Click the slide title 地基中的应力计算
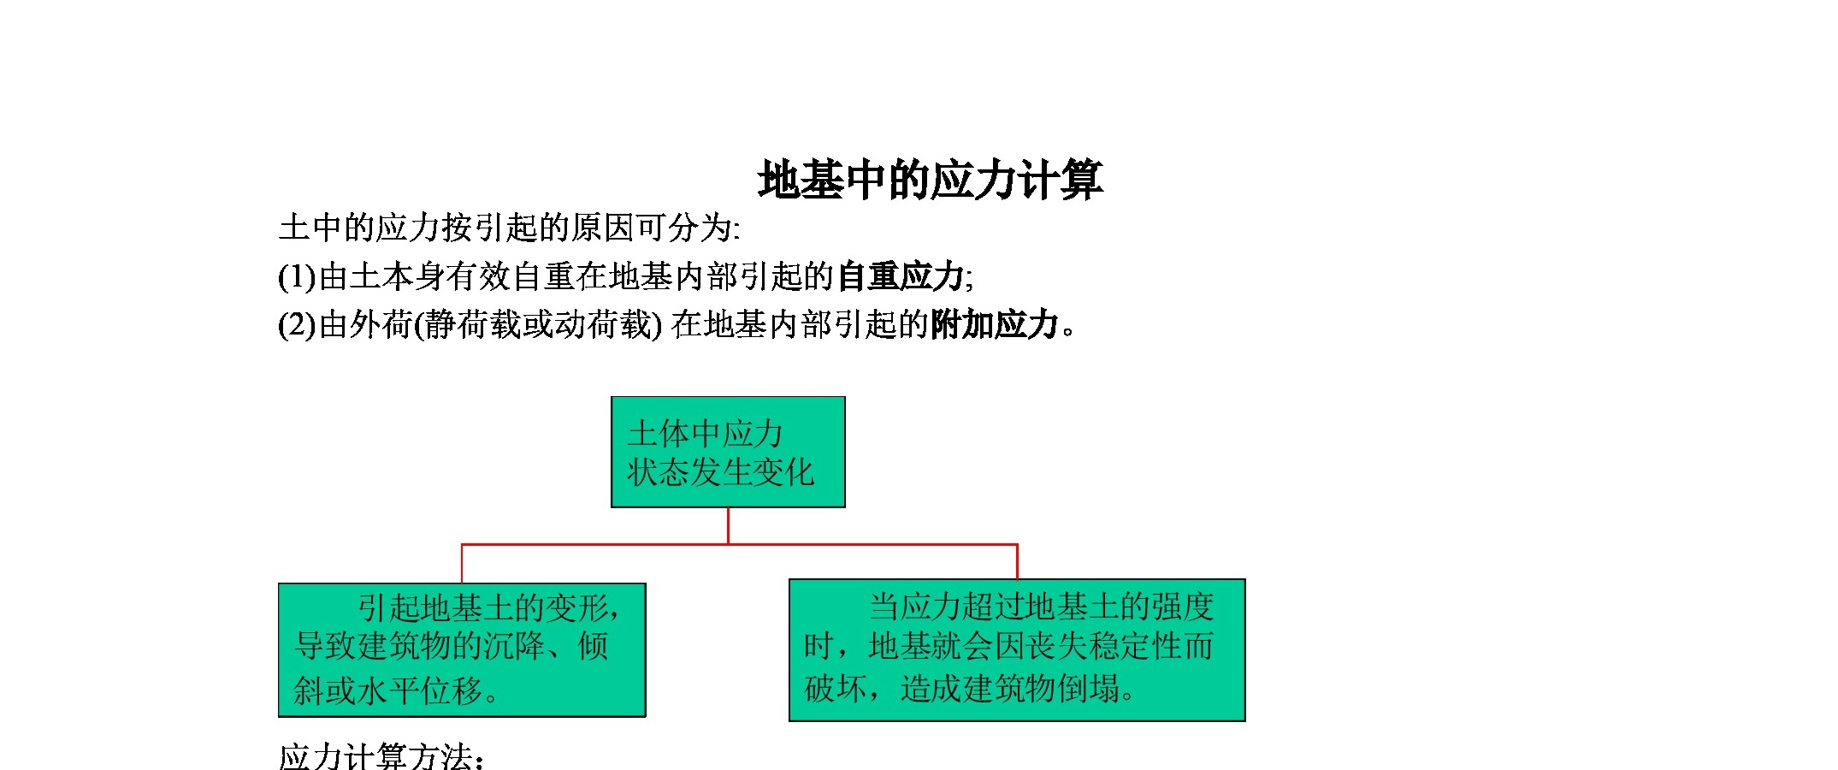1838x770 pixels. coord(931,181)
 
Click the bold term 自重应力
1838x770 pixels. coord(901,276)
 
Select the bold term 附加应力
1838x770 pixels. coord(995,324)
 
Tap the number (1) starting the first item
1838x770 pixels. coord(298,276)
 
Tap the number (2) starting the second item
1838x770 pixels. coord(298,324)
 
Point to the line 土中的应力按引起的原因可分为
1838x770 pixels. coord(509,228)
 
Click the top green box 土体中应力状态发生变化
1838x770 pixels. coord(728,452)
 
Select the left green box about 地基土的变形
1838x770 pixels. coord(462,650)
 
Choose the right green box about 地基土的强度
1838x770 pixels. coord(1017,650)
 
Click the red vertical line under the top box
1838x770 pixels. coord(728,526)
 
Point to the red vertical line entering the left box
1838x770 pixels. coord(462,564)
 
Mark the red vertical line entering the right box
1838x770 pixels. coord(1017,561)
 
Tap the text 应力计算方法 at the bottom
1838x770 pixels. coord(375,757)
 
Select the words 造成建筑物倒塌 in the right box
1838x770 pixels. coord(1010,688)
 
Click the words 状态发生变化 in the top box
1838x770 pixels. coord(720,472)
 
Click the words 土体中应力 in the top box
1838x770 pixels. coord(705,434)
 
